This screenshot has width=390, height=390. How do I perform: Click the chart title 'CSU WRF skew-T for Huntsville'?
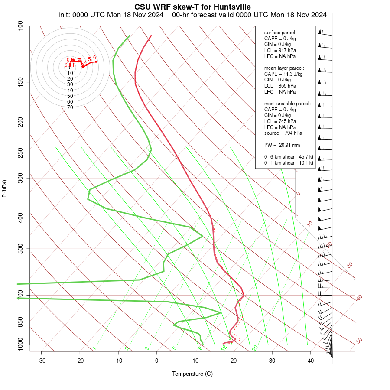coord(192,6)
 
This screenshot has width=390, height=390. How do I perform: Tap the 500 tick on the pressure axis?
coord(20,249)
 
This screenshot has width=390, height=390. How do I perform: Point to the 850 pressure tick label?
coord(20,322)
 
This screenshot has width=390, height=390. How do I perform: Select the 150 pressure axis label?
coord(20,82)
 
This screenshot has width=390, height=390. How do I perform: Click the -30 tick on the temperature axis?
coord(42,361)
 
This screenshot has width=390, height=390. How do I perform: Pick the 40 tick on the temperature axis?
coord(310,361)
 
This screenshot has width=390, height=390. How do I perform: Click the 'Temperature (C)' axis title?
coord(192,374)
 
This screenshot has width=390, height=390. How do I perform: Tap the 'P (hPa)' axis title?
coord(4,188)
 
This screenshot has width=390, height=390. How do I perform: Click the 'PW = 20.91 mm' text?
coord(282,145)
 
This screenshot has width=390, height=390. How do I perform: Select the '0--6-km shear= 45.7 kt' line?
coord(289,157)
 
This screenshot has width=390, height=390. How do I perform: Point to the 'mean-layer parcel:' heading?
coord(284,68)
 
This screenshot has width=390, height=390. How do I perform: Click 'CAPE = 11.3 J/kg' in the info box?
coord(283,74)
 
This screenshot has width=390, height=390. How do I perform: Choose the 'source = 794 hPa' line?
coord(283,133)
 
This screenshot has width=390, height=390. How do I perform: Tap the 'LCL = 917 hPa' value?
coord(280,50)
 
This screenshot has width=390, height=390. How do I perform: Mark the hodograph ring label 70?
coord(70,107)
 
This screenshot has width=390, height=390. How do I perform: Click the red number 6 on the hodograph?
coord(94,58)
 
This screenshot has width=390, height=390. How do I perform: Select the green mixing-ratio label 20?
coord(255,348)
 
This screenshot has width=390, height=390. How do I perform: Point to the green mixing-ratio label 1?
coord(94,348)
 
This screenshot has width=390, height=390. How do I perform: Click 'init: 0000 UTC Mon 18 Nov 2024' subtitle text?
coord(111,15)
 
